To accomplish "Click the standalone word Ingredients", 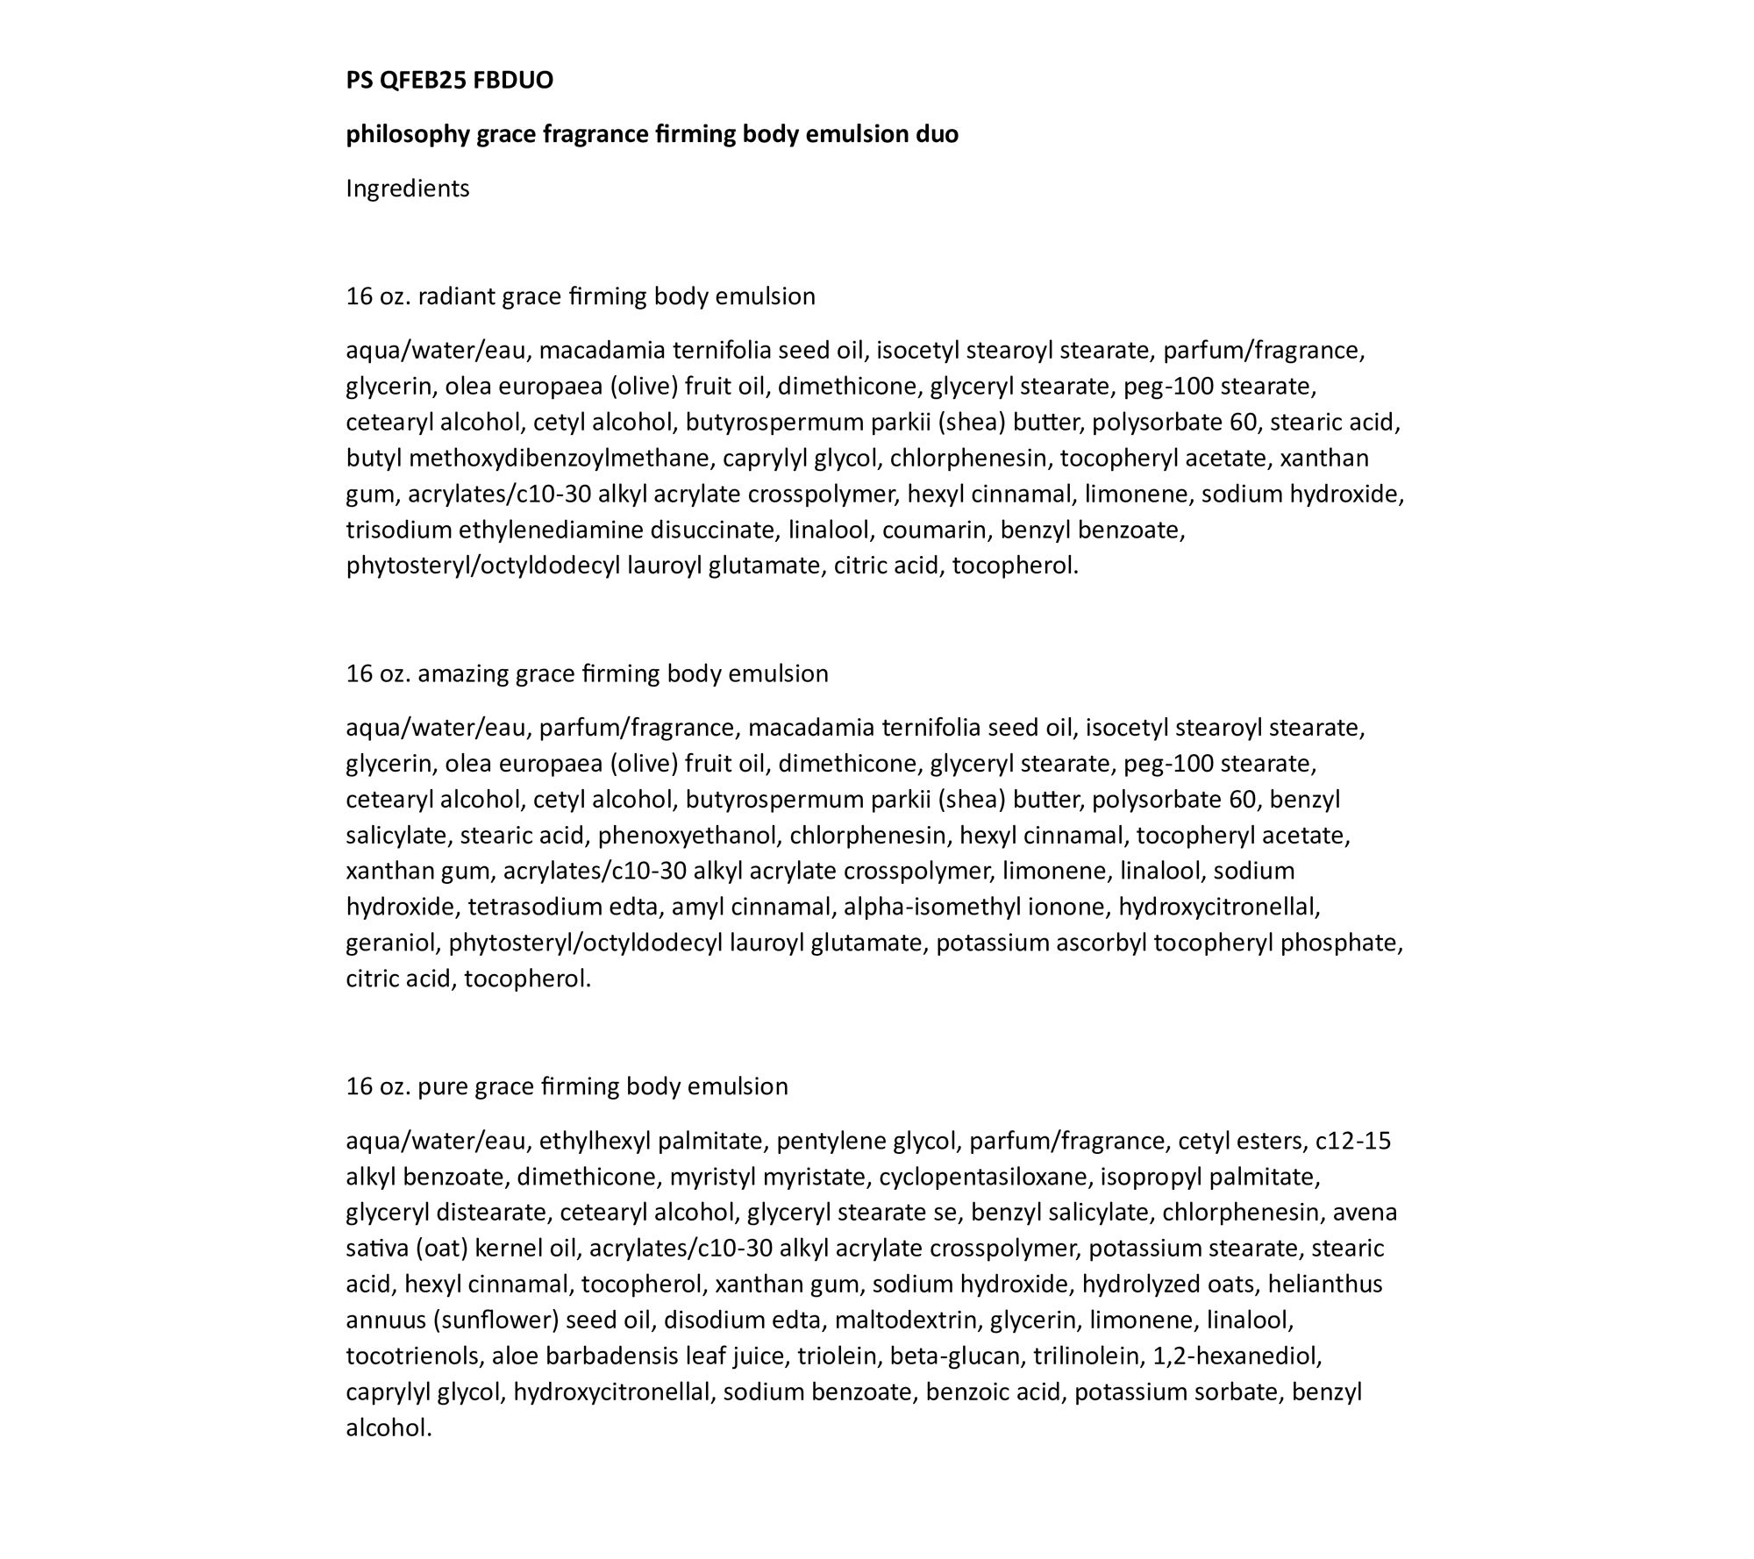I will [408, 189].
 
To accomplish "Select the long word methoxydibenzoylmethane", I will [559, 458].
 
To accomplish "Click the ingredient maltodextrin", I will [912, 1320].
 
